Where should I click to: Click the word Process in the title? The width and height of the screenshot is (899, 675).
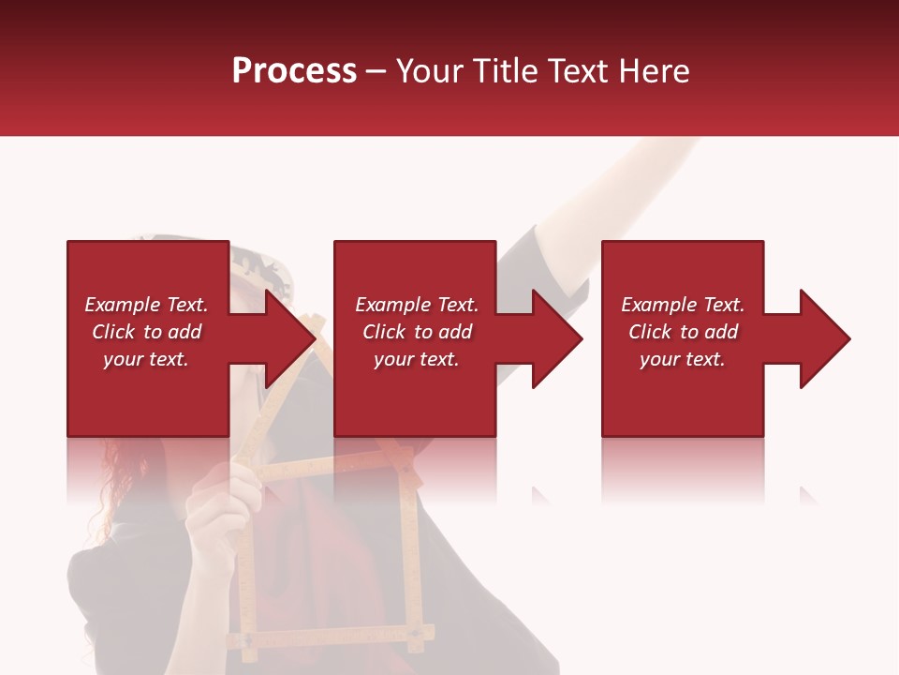pos(294,71)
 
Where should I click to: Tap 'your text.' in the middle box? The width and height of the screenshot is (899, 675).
pos(416,359)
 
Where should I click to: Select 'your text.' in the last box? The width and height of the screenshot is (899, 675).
pos(682,359)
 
